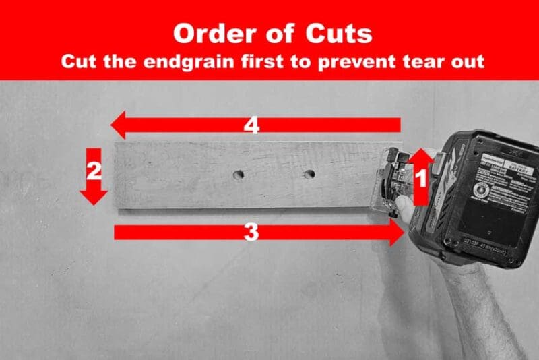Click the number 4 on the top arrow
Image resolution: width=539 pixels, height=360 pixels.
click(251, 126)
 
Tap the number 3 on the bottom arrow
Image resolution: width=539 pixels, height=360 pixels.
click(251, 233)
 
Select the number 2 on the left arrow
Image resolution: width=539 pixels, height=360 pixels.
click(94, 170)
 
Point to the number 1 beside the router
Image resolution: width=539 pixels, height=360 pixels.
click(420, 179)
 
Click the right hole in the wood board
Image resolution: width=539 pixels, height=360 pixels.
click(309, 175)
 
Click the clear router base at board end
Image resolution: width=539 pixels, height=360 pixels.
click(391, 182)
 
